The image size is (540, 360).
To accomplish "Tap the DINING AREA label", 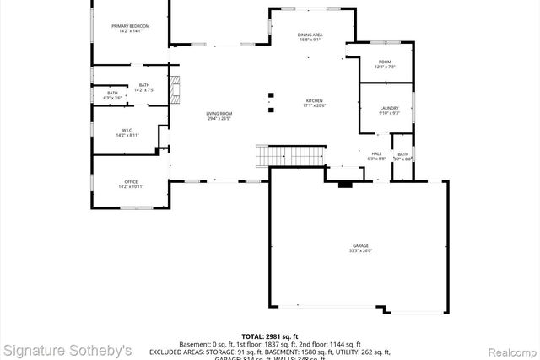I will pos(310,35).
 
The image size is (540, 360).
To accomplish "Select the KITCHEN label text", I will pos(314,101).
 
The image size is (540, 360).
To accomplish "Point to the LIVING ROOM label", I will pos(219,114).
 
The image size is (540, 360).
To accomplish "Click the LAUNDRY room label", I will pos(389,108).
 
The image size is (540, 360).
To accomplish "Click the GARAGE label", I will pos(360,246).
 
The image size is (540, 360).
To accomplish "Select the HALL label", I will pos(376,153).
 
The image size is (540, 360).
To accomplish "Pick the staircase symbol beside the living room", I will pos(290,157).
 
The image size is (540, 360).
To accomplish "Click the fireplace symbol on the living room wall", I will pos(175,88).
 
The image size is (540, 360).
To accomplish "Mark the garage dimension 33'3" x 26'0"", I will pos(360,251).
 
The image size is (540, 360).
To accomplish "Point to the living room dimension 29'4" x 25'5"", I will pos(219,119).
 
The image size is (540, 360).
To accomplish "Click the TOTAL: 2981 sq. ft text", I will pos(269,336).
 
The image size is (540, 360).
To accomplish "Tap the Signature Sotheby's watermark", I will pos(67,349).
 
